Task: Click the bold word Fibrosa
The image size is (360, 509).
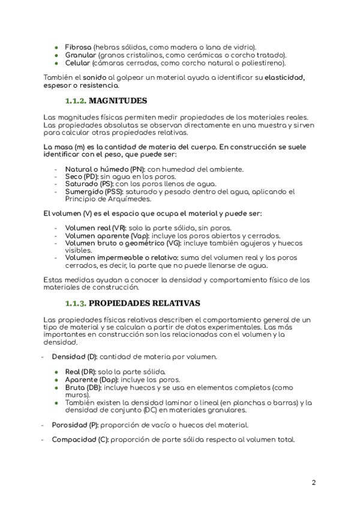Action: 78,47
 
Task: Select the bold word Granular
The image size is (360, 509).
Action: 80,55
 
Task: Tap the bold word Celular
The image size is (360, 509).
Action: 78,62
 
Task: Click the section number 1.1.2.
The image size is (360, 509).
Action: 76,101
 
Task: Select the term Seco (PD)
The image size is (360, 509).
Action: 81,177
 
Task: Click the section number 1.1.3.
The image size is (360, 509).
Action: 76,303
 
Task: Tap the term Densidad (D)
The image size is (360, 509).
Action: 74,357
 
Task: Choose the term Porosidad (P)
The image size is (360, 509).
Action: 75,425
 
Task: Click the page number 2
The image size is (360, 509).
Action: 314,483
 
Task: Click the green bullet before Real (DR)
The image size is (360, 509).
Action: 56,372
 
